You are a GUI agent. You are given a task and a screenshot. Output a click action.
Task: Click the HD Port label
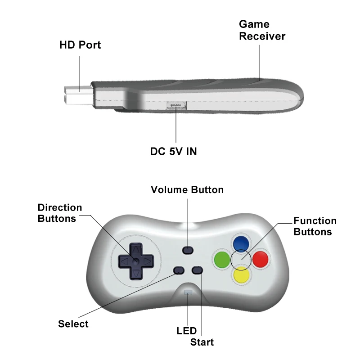tap(80, 45)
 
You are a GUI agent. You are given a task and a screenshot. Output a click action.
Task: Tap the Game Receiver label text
tap(262, 30)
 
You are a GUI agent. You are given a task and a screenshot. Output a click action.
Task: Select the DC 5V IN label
tap(173, 152)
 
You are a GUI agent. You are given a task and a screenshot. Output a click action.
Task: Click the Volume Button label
tap(187, 189)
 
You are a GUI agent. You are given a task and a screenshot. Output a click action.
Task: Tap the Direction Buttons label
tap(60, 213)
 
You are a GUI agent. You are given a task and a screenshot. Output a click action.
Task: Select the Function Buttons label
tap(315, 226)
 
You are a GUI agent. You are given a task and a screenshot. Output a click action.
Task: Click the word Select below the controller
tap(73, 324)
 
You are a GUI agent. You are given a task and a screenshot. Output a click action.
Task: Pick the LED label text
tap(187, 331)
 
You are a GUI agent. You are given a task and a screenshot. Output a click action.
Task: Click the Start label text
tap(202, 342)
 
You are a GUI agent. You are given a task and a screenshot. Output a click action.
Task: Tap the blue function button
tap(241, 243)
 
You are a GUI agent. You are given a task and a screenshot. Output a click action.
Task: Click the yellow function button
tap(241, 274)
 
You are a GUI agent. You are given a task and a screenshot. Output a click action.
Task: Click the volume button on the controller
tap(188, 250)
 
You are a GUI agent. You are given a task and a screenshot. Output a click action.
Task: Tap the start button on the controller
tap(197, 270)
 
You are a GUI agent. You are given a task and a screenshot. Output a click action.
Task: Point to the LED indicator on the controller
tap(187, 293)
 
